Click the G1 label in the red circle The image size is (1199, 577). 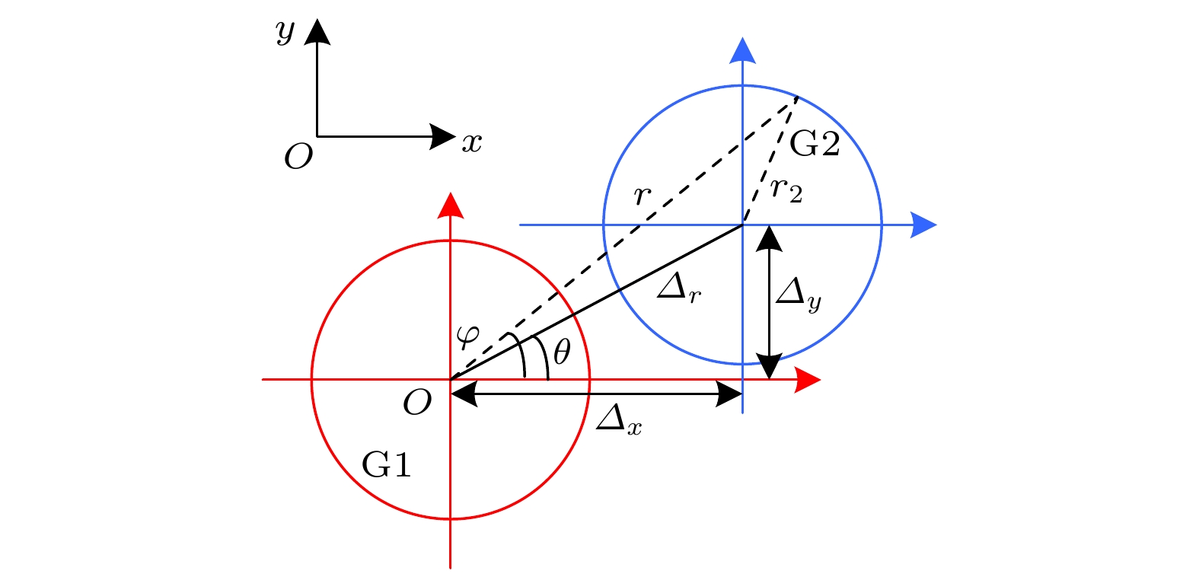point(387,464)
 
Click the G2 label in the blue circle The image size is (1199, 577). point(815,143)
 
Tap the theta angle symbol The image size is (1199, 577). point(562,352)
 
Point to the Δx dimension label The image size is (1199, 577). point(618,420)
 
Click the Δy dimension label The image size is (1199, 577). point(798,294)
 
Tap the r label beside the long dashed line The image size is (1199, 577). point(643,196)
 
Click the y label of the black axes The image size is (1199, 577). point(285,32)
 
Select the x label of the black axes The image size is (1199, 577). point(472,142)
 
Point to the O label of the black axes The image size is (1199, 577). point(298,158)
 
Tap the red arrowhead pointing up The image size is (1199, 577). point(451,205)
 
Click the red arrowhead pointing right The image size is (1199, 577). point(808,379)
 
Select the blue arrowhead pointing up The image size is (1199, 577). point(742,50)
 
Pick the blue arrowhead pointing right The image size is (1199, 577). point(923,225)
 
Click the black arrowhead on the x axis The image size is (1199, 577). point(442,137)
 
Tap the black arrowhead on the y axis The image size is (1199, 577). point(317,32)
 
